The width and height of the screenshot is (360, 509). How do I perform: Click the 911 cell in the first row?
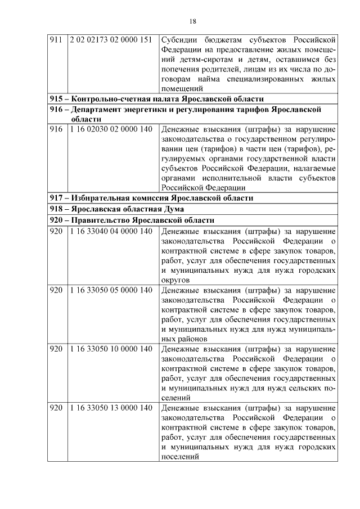[56, 40]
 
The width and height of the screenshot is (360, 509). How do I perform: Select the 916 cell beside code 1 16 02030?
[56, 129]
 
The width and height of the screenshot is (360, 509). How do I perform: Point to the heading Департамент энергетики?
[186, 109]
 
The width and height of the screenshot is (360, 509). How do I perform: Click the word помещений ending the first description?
[182, 89]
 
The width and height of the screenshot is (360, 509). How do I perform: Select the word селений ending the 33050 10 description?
[175, 398]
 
